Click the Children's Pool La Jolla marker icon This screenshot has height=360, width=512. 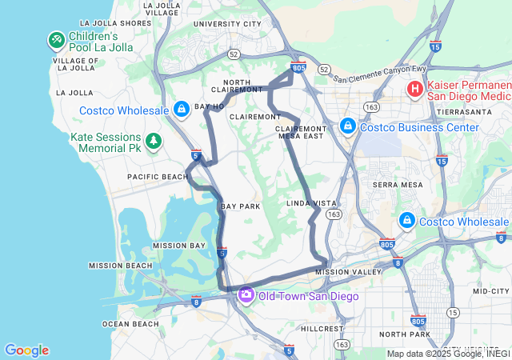coord(56,38)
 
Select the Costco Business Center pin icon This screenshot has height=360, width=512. coord(348,126)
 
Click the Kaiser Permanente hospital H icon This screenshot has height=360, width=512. coord(416,90)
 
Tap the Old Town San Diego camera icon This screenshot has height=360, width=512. coord(246,296)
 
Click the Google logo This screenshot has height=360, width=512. coord(26,350)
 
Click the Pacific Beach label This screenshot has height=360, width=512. coord(156,176)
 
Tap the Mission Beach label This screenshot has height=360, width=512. coord(120,266)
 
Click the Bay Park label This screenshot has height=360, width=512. coord(241,206)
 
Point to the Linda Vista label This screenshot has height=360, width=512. coord(311,204)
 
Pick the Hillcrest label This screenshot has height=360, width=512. coord(322,328)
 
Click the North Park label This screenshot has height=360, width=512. coord(405,334)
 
